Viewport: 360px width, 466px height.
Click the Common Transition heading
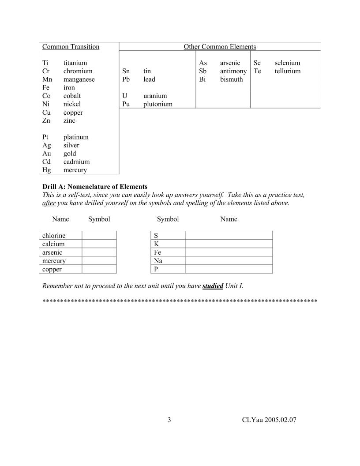[71, 47]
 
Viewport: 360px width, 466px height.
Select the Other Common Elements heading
[220, 47]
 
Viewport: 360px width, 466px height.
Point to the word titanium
[75, 63]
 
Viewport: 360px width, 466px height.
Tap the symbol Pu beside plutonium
[126, 104]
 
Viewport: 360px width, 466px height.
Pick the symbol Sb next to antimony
[203, 71]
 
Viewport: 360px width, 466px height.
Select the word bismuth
[231, 79]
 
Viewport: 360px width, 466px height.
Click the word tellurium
[287, 71]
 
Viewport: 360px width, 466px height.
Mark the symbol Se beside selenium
[257, 63]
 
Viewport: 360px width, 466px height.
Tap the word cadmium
[76, 162]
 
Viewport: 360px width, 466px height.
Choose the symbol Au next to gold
[47, 154]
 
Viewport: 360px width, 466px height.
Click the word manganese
[79, 79]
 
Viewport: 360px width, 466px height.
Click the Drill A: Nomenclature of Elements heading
[95, 187]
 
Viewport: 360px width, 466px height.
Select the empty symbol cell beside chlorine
[99, 235]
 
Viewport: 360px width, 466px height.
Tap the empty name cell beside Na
[229, 261]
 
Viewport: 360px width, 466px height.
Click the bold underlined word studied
[213, 286]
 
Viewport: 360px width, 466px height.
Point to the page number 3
[169, 420]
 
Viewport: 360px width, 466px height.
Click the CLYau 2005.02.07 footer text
[269, 420]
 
